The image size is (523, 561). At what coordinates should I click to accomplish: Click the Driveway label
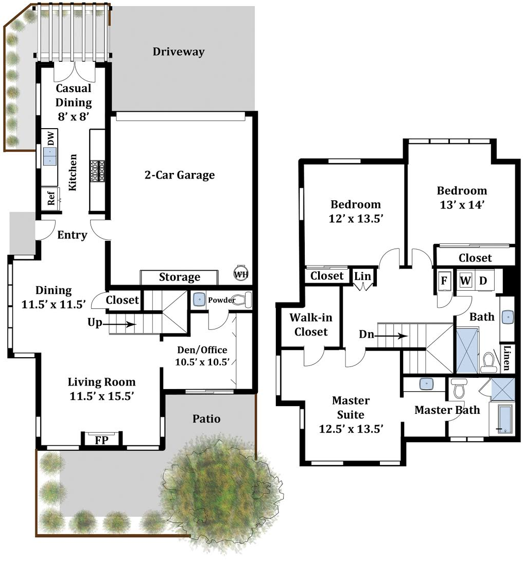coord(179,52)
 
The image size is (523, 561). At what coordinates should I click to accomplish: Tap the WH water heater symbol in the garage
coord(241,274)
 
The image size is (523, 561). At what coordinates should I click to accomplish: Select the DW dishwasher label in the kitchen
coord(51,138)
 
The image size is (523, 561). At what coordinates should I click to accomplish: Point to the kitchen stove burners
coord(97,171)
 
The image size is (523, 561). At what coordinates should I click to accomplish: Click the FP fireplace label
coord(101,440)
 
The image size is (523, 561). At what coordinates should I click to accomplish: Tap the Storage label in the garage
coord(180,277)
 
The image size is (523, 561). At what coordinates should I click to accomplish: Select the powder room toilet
coord(244,300)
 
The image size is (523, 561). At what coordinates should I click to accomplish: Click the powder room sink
coord(199,299)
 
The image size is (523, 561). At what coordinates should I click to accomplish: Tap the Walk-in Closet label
coord(311,325)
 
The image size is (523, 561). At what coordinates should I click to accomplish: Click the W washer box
coord(465,280)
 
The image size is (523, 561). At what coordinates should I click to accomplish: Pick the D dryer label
coord(483,281)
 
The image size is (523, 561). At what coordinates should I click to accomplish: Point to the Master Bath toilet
coord(459,389)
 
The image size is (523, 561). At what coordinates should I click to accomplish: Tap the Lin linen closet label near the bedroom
coord(363,276)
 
